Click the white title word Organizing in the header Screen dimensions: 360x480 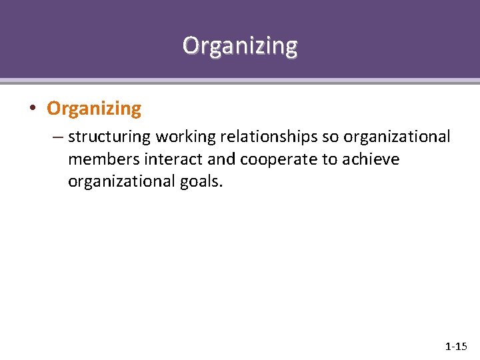click(x=240, y=45)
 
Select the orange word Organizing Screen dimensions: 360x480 click(x=94, y=108)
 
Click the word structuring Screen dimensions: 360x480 click(x=109, y=137)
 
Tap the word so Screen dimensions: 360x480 click(x=331, y=137)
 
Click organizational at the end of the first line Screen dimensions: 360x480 click(x=397, y=137)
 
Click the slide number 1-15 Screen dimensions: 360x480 click(x=456, y=347)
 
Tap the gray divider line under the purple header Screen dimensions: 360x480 click(x=240, y=81)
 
